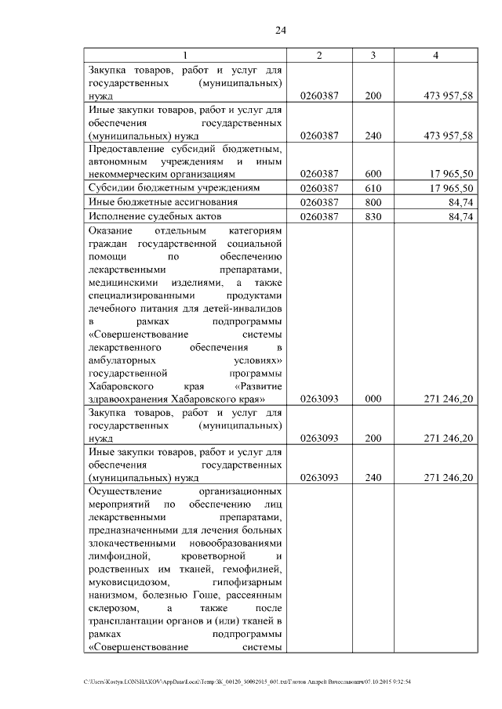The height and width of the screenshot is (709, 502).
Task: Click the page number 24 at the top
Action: (x=280, y=31)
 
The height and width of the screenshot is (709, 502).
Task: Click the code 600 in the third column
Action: (x=373, y=174)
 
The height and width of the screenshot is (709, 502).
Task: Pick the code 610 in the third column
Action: (x=373, y=188)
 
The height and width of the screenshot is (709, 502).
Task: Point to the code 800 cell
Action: (x=373, y=202)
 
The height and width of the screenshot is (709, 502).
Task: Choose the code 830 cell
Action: (x=373, y=216)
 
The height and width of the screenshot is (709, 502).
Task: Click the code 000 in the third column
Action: (x=373, y=399)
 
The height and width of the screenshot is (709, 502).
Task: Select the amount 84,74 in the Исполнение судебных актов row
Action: (x=458, y=216)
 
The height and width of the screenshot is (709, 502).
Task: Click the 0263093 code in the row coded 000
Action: (x=318, y=399)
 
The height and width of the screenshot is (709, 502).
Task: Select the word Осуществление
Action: (x=125, y=491)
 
